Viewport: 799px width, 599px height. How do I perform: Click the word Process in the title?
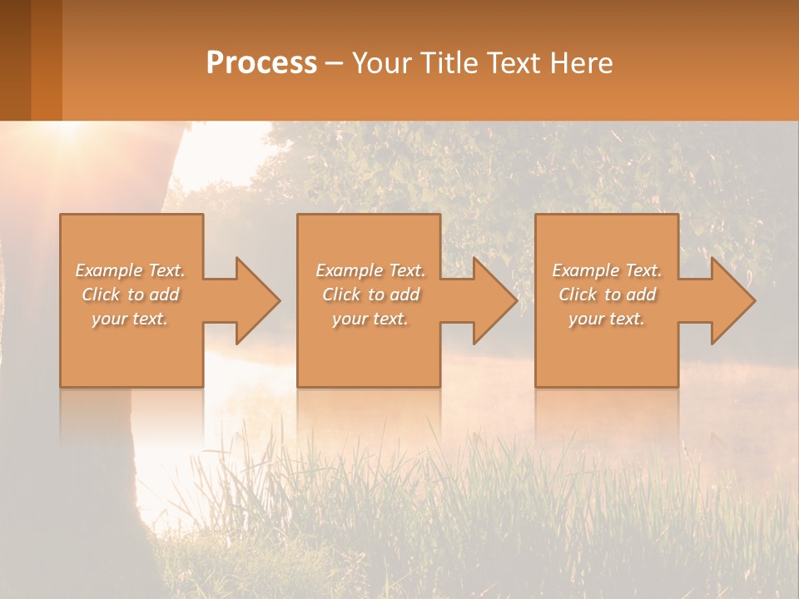(261, 63)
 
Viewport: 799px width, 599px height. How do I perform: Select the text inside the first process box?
(130, 295)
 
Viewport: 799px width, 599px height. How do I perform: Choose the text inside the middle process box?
(370, 295)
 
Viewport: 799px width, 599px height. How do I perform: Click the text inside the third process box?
(607, 295)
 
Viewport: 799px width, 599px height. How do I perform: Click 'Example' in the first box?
(108, 270)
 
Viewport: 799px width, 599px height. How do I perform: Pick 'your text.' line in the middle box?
(370, 319)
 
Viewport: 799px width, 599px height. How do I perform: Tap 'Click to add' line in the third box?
(607, 295)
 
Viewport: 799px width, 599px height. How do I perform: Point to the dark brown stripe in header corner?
(15, 60)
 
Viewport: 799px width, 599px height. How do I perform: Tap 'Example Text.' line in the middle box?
(370, 270)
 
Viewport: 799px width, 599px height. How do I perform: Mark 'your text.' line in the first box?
(130, 319)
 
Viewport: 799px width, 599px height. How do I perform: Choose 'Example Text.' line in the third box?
(607, 270)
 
